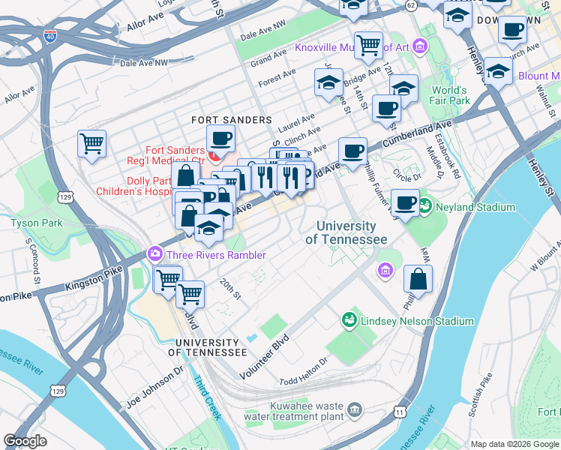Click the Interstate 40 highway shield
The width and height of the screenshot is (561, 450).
(x=49, y=35)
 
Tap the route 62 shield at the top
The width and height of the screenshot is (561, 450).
(x=410, y=5)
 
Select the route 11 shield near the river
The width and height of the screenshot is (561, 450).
(x=400, y=412)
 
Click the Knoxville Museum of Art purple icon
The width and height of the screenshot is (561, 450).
(x=420, y=48)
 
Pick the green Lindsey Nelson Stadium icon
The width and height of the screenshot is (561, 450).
(x=349, y=320)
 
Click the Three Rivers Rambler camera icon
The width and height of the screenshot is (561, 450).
(x=155, y=254)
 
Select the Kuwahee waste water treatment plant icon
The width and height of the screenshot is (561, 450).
(x=354, y=409)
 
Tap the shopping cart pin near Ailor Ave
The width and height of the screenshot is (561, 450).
(x=91, y=142)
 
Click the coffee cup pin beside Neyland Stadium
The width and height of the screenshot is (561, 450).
(x=406, y=202)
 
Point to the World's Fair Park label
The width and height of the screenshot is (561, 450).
(x=450, y=95)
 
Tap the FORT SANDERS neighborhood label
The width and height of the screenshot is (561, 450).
(x=231, y=120)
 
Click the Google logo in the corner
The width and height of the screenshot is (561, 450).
(x=25, y=441)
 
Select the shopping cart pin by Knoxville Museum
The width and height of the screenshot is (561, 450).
(x=367, y=45)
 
